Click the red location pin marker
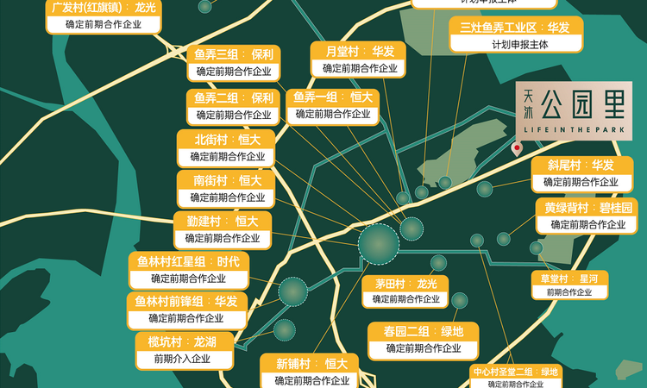(x=517, y=149)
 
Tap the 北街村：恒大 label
(x=225, y=139)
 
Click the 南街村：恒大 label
(x=225, y=180)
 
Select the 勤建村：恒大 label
(x=222, y=221)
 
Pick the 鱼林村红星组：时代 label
(x=188, y=261)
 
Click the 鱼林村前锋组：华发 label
(x=187, y=301)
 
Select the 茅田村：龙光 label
(x=405, y=284)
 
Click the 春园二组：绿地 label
(x=423, y=332)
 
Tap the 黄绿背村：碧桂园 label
(x=587, y=208)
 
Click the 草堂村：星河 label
(x=569, y=278)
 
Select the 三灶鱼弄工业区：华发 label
(x=516, y=28)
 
